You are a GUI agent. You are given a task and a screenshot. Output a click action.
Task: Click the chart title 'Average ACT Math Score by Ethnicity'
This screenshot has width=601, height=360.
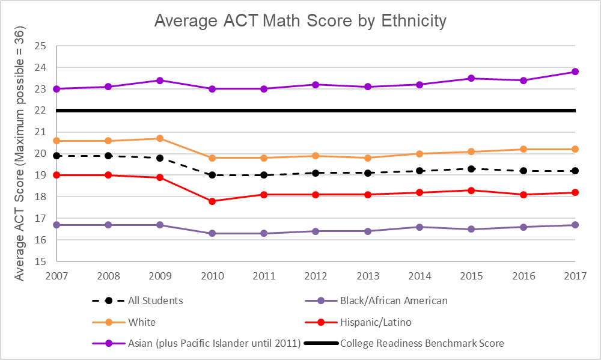300,20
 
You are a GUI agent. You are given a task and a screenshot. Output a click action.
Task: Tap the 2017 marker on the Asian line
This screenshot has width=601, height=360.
575,72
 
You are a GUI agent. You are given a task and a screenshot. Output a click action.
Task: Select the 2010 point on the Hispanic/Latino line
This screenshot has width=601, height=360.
212,201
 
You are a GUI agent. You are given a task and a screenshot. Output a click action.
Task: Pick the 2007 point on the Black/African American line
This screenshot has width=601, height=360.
56,225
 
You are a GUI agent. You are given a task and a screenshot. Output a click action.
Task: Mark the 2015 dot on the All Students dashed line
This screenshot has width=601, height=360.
471,169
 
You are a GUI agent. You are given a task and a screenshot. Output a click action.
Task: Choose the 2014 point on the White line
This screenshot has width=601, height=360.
419,154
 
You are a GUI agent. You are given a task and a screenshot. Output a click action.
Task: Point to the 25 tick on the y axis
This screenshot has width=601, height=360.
40,46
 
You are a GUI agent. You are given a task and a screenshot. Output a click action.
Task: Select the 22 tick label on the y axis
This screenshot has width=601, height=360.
40,111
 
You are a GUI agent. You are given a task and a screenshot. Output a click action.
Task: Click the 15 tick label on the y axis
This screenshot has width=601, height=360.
40,262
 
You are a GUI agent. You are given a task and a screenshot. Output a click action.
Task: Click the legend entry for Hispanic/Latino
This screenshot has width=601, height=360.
376,322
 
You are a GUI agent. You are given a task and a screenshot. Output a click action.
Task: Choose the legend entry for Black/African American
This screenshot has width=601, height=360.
394,301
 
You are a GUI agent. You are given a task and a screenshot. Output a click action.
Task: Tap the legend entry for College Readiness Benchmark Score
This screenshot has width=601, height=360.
421,344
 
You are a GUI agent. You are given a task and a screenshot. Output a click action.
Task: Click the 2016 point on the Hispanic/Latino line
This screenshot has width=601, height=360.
523,195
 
